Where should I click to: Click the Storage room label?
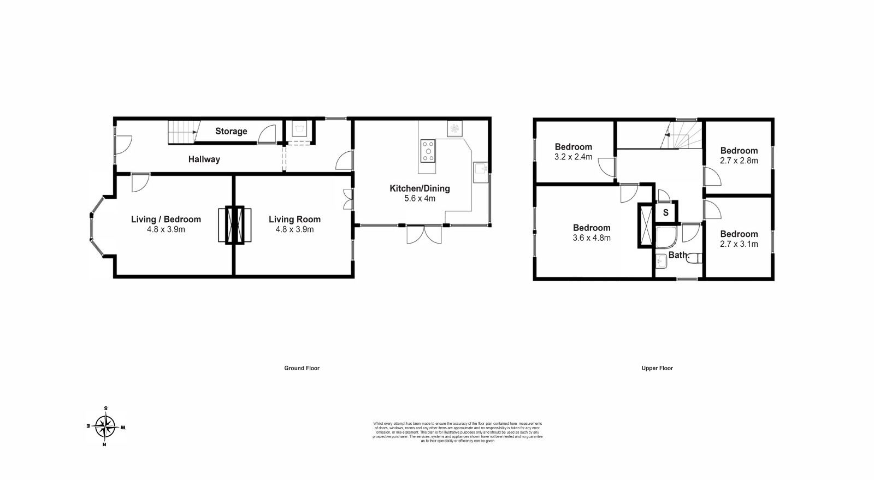(x=231, y=131)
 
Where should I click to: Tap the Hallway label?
(x=204, y=159)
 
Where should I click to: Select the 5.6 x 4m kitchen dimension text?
(x=420, y=198)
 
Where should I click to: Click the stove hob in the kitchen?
(x=428, y=151)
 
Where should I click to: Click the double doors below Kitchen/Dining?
(x=424, y=234)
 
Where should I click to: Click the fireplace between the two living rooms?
(x=235, y=224)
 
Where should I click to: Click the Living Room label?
(x=294, y=220)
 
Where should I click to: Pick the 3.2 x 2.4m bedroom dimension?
(x=573, y=157)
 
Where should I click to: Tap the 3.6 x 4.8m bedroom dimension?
(x=592, y=238)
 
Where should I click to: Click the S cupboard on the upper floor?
(x=665, y=213)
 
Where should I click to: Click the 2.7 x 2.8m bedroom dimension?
(x=739, y=161)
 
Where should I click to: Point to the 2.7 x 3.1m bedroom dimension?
(x=739, y=244)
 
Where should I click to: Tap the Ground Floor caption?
(x=302, y=368)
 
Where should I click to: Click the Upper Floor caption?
(x=657, y=368)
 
